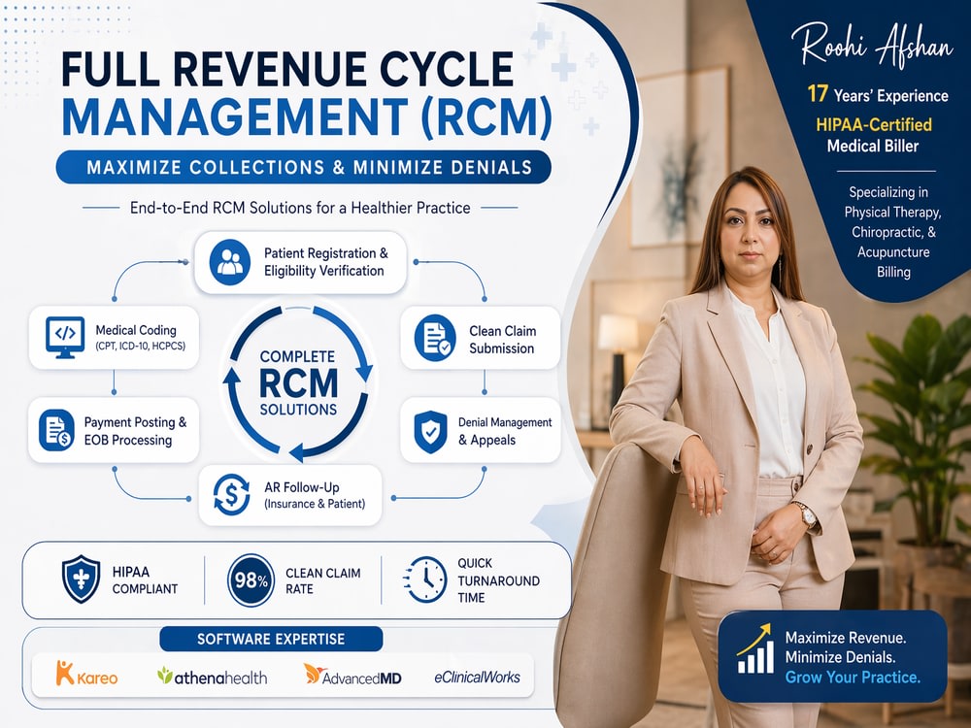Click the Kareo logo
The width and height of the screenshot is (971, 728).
pyautogui.click(x=86, y=674)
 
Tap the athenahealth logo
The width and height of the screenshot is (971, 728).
pyautogui.click(x=212, y=677)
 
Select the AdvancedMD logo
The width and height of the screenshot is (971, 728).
pyautogui.click(x=352, y=675)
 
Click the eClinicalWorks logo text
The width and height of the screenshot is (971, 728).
pyautogui.click(x=478, y=678)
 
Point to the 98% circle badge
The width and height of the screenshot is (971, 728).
pyautogui.click(x=251, y=580)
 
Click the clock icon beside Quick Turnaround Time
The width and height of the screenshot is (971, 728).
pyautogui.click(x=425, y=579)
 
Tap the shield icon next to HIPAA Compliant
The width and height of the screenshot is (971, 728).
pyautogui.click(x=82, y=579)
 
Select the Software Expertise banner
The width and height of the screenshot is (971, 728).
pyautogui.click(x=271, y=639)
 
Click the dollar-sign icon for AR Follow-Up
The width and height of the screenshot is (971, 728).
pyautogui.click(x=231, y=495)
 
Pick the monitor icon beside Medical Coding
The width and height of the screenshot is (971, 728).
pyautogui.click(x=65, y=338)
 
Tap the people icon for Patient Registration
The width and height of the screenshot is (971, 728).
pyautogui.click(x=230, y=262)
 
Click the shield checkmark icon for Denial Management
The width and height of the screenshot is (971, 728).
pyautogui.click(x=430, y=432)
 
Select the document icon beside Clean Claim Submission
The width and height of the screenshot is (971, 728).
pyautogui.click(x=435, y=338)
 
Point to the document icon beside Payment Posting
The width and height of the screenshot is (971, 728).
pyautogui.click(x=56, y=430)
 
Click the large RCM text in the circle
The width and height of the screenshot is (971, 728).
pyautogui.click(x=298, y=383)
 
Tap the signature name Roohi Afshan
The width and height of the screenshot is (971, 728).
pyautogui.click(x=872, y=45)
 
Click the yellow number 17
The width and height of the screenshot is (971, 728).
pyautogui.click(x=818, y=93)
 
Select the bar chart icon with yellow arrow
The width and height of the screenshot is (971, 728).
pyautogui.click(x=754, y=648)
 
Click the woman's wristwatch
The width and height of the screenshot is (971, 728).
pyautogui.click(x=806, y=514)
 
